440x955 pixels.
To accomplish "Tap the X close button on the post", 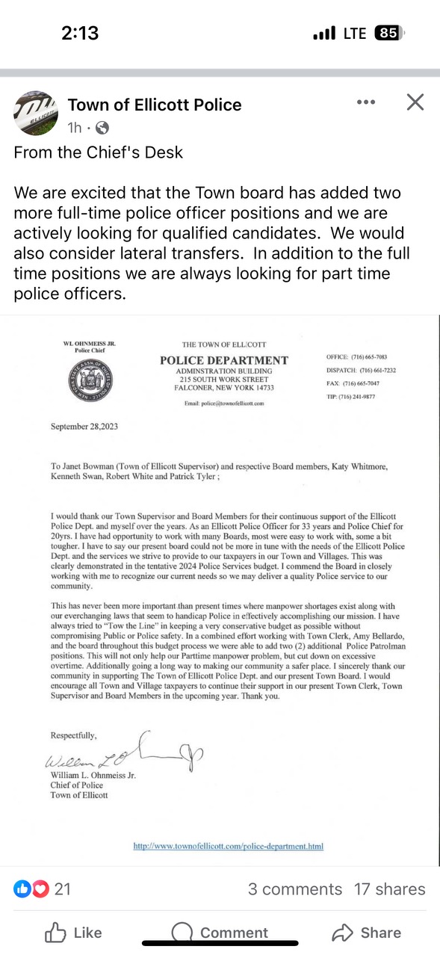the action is [x=415, y=102].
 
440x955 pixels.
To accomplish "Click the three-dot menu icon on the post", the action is [x=366, y=102].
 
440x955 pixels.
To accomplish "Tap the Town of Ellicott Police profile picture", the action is [x=35, y=114].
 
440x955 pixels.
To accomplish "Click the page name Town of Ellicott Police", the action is [x=155, y=105].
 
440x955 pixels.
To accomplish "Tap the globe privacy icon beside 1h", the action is [x=102, y=128].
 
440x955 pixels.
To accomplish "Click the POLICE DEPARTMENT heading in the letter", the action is [x=224, y=361].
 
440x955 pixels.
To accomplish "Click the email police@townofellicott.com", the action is [x=224, y=403].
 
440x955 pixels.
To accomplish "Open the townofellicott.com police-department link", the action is [x=228, y=846].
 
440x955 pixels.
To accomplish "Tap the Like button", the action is [x=73, y=933].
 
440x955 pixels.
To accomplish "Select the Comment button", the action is [x=220, y=933].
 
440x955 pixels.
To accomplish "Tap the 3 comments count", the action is [x=295, y=889].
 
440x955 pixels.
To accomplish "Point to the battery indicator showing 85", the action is [x=388, y=33].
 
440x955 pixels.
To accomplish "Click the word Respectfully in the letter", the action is [x=73, y=735].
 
